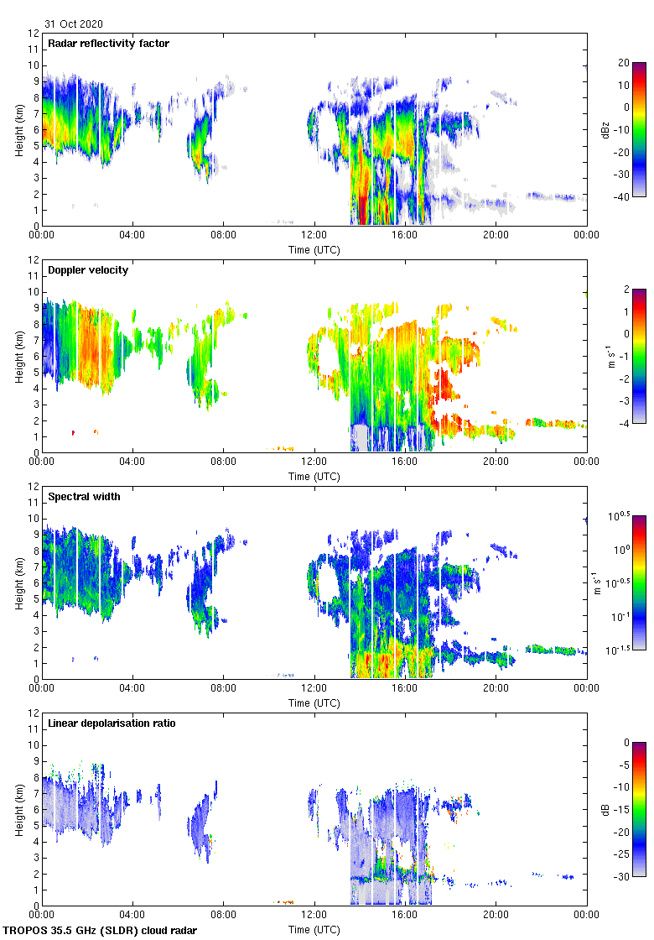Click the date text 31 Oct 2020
point(74,24)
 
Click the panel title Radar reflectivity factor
point(109,44)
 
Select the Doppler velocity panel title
point(88,270)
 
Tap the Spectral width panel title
point(84,497)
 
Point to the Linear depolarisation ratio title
point(112,723)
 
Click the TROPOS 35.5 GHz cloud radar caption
point(101,931)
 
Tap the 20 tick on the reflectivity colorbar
point(622,62)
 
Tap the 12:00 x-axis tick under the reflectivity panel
point(314,235)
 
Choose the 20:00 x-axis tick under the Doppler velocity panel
point(496,462)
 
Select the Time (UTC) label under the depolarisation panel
point(314,929)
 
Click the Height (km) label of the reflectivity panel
point(18,129)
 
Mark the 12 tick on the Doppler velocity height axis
point(34,259)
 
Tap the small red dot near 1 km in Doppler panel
point(74,432)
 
